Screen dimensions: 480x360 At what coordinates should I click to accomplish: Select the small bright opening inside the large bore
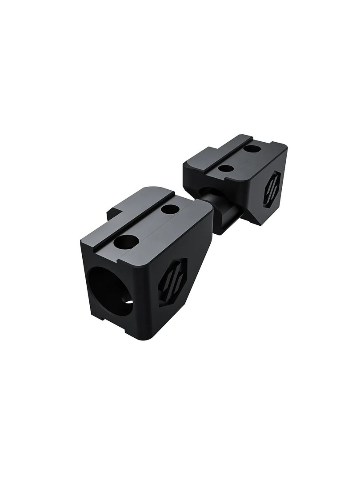pos(129,302)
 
